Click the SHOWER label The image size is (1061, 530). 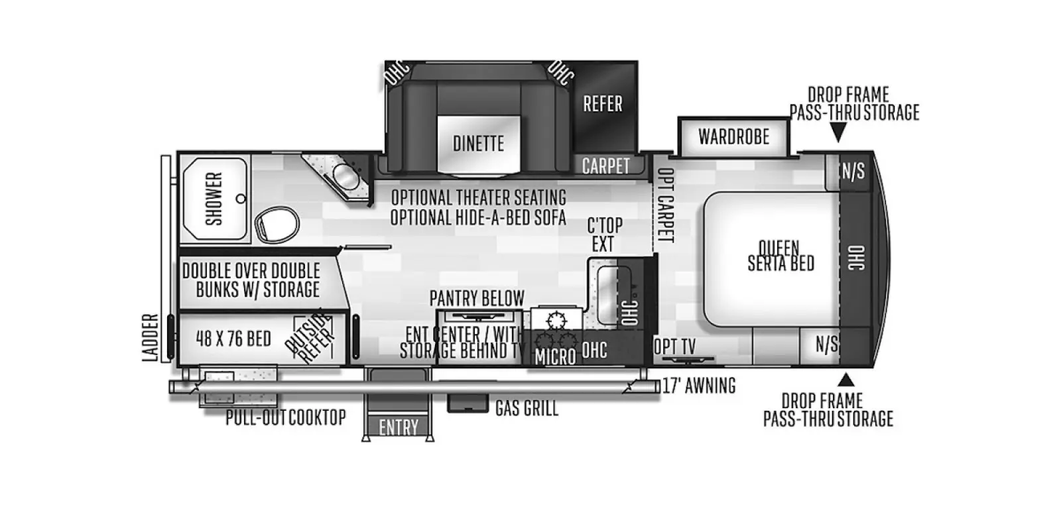[x=214, y=199]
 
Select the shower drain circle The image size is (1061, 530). [x=241, y=199]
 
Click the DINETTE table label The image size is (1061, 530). [x=478, y=143]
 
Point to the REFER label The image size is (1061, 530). [x=603, y=103]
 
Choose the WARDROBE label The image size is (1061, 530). [x=733, y=136]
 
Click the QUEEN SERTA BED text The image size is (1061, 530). [x=780, y=256]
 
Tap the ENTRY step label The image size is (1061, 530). [x=399, y=427]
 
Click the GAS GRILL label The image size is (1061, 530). [x=527, y=408]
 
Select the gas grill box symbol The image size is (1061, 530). [x=468, y=403]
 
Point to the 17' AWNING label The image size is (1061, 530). [x=699, y=386]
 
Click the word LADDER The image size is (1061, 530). [x=151, y=337]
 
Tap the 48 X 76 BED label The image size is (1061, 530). [x=233, y=339]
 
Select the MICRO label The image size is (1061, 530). [x=555, y=357]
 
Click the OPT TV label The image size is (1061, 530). [x=674, y=346]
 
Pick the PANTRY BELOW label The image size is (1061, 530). [x=477, y=298]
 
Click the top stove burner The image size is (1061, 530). [x=556, y=321]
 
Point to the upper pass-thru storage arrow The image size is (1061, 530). [x=838, y=132]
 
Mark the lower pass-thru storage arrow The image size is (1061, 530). [x=846, y=380]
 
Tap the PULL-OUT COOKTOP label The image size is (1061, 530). [x=286, y=417]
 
